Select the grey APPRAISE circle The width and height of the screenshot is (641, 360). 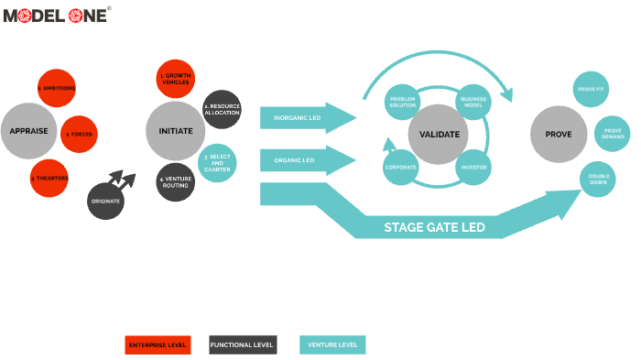pos(28,131)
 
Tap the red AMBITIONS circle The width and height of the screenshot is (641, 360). pos(57,88)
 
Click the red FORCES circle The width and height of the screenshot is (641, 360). pos(77,135)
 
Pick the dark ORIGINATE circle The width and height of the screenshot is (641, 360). pos(106,201)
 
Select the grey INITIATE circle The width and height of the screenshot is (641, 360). pos(175,131)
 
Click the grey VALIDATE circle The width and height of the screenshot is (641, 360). pos(438,134)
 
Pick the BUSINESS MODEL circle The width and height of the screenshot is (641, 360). pos(473,101)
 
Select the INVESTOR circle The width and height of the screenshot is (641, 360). pos(473,168)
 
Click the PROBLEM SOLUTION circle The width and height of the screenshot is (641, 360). pos(403,101)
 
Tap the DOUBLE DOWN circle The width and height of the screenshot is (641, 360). pos(599,180)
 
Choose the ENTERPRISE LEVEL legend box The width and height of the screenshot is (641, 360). pos(158,345)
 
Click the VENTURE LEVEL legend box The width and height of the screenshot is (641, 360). pos(332,345)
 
